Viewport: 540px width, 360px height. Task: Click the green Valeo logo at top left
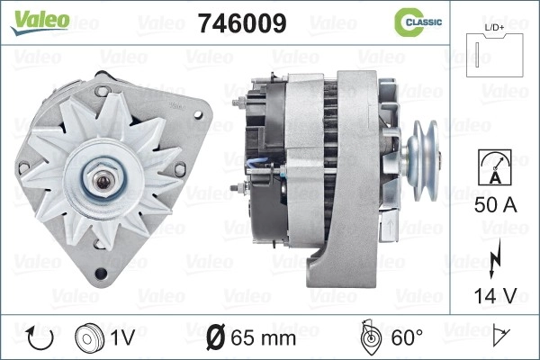coord(40,22)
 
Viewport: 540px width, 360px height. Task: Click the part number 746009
coord(242,23)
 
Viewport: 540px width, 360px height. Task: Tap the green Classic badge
coord(418,22)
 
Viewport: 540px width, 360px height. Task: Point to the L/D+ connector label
coord(494,27)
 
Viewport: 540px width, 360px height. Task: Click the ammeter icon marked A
coord(495,167)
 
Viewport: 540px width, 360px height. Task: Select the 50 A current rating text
coord(495,205)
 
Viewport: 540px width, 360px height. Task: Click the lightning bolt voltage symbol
coord(495,258)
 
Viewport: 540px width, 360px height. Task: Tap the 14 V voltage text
coord(495,295)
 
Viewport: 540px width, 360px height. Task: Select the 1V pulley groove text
coord(122,337)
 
